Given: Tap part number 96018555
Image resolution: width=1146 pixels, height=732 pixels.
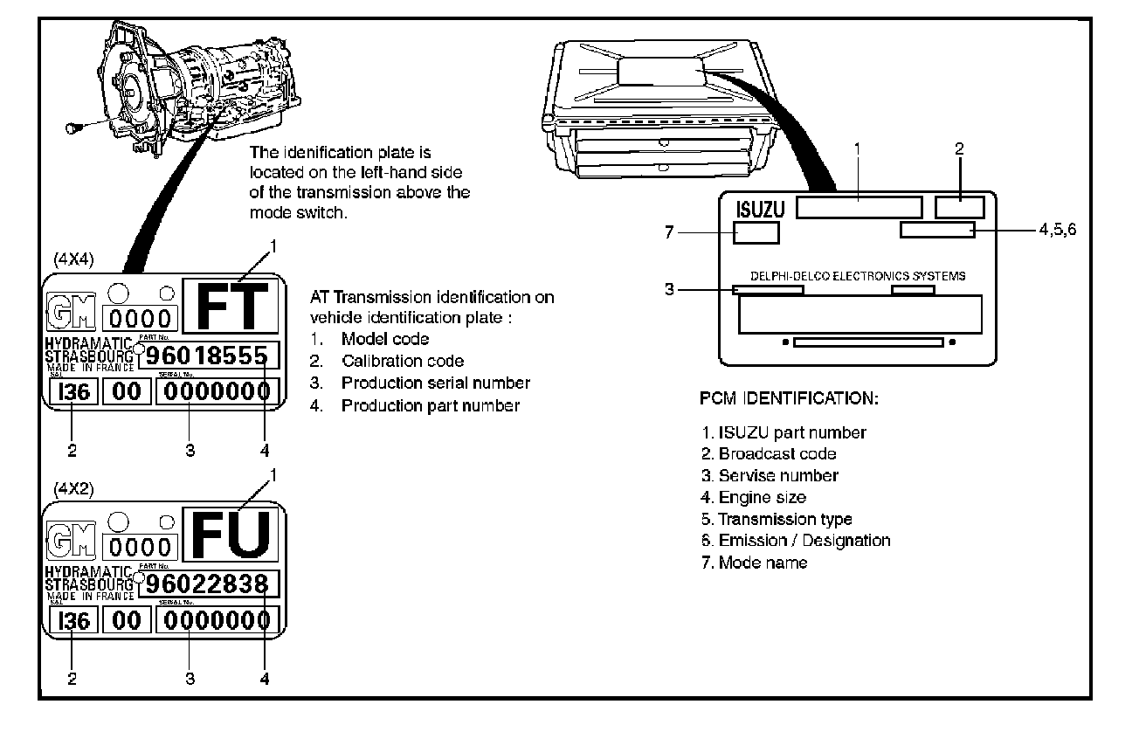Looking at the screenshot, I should pyautogui.click(x=207, y=355).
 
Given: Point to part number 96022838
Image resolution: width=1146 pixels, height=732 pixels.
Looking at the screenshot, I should pyautogui.click(x=207, y=583).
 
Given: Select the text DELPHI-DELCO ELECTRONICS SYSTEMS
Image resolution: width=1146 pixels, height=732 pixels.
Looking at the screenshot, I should pyautogui.click(x=858, y=276).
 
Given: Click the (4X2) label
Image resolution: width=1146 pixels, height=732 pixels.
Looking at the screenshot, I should pyautogui.click(x=73, y=489).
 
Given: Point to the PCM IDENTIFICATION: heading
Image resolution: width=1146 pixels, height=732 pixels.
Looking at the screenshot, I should pyautogui.click(x=789, y=399).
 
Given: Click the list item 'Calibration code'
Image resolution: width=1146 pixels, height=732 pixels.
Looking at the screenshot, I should pyautogui.click(x=402, y=361).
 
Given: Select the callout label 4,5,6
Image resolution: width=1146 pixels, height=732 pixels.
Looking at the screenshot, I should pyautogui.click(x=1058, y=229).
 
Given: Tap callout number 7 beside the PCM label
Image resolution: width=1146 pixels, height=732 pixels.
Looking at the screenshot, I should pyautogui.click(x=670, y=232).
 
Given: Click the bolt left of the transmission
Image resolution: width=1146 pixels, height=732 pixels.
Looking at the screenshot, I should pyautogui.click(x=74, y=128).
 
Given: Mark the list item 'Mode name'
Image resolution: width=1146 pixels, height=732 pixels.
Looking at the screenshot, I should pyautogui.click(x=762, y=563).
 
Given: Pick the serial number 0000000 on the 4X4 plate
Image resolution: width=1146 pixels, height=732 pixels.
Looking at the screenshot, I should pyautogui.click(x=217, y=392).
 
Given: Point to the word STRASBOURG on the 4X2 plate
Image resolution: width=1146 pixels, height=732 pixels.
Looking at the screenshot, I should pyautogui.click(x=89, y=583).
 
